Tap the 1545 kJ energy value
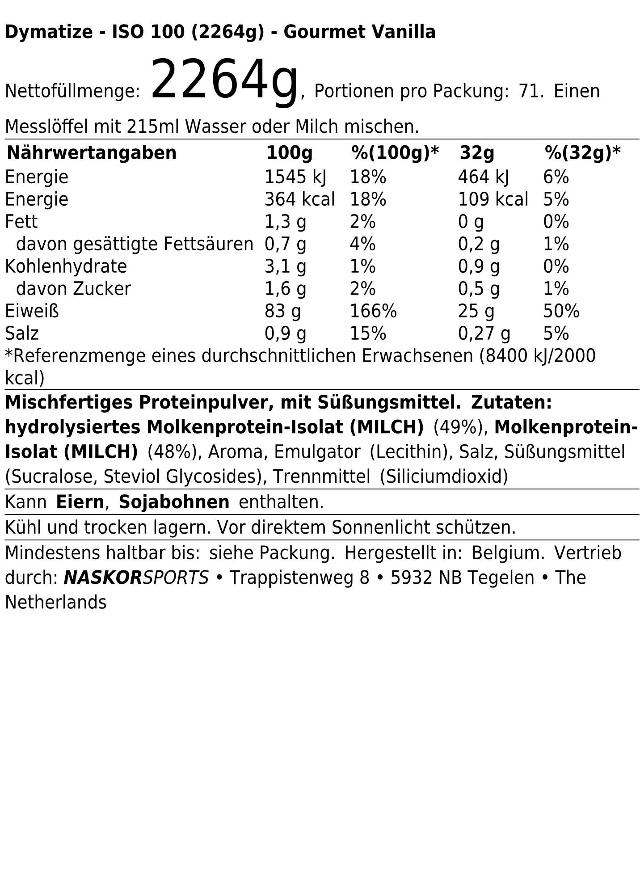tap(295, 177)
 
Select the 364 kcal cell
tap(299, 199)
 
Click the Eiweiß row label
tap(32, 311)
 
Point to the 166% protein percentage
tap(373, 311)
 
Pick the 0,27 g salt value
tap(484, 333)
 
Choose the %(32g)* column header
tap(582, 153)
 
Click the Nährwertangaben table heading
tap(92, 153)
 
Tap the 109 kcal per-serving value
tap(493, 199)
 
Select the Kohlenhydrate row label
tap(66, 266)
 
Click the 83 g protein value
tap(282, 311)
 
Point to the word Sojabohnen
tap(174, 502)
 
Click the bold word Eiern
tap(80, 502)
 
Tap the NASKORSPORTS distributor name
tap(136, 578)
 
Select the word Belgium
tap(508, 553)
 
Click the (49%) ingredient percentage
tap(460, 427)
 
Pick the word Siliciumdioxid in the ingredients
tap(444, 477)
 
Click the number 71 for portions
tap(531, 91)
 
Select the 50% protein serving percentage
tap(561, 311)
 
